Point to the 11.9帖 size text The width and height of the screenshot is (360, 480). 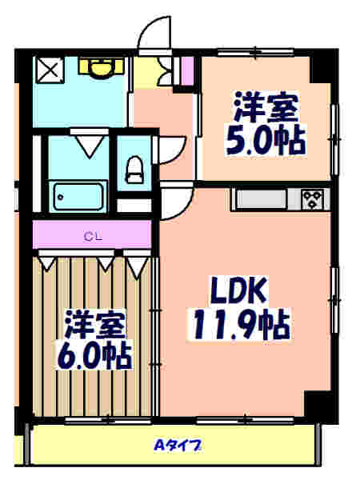(x=239, y=324)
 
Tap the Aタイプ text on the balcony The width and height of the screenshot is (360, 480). (x=178, y=445)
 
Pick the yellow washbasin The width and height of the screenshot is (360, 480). (x=101, y=67)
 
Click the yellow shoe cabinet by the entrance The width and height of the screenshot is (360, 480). (x=147, y=72)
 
